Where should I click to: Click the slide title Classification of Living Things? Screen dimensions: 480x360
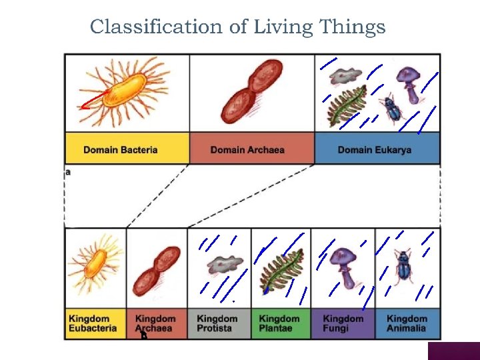pos(237,27)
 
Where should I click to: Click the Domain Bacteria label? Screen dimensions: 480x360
pos(121,149)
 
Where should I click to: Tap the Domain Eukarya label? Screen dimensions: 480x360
pos(375,149)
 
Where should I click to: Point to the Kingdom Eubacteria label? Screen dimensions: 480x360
pos(93,323)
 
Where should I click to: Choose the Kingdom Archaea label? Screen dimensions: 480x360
pos(155,323)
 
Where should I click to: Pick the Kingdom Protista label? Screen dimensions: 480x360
pos(217,323)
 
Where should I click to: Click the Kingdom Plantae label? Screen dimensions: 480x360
pos(279,323)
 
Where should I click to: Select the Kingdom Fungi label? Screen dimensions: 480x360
pos(342,323)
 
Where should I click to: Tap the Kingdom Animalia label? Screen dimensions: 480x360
pos(406,323)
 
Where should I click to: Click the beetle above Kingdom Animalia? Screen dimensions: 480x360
pos(403,267)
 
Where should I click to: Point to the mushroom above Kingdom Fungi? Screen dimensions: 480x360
pos(344,265)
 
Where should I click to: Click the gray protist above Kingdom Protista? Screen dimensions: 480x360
pos(221,266)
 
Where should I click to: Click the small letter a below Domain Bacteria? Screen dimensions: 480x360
pos(68,172)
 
